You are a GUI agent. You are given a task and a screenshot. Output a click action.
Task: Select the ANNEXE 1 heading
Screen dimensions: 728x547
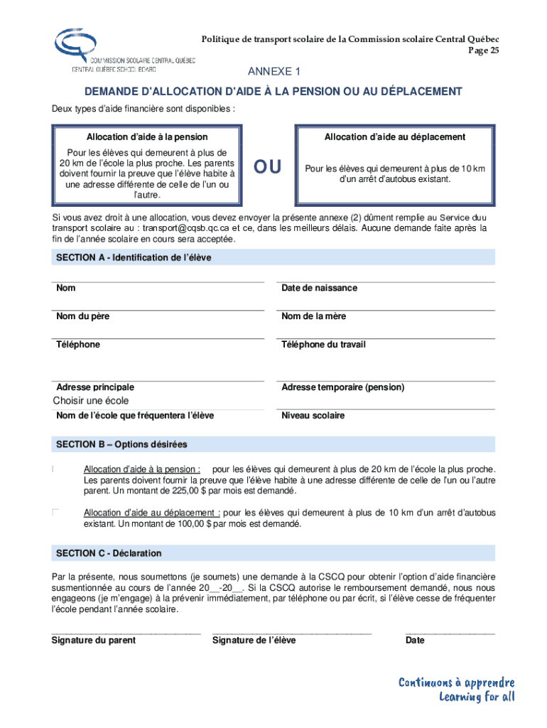tap(274, 72)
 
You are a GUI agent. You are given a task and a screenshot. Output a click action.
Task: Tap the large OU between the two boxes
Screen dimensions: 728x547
tap(269, 167)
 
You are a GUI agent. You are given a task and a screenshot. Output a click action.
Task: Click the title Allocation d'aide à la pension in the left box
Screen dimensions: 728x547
tap(148, 136)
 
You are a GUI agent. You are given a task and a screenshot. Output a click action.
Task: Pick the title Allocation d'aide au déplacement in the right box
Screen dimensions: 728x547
tap(395, 136)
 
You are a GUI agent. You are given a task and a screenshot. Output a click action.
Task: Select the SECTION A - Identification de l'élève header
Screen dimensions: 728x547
tap(134, 257)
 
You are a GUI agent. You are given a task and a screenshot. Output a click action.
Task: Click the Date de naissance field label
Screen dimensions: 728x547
tap(319, 288)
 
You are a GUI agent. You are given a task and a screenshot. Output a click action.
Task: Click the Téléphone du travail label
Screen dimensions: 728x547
tap(323, 345)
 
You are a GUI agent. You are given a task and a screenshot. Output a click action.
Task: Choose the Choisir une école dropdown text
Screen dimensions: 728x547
tap(91, 401)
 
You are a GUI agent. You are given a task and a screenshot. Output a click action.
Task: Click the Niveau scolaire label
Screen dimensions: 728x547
tap(313, 415)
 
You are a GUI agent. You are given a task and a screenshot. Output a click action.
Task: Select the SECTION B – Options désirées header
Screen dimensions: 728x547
tap(121, 444)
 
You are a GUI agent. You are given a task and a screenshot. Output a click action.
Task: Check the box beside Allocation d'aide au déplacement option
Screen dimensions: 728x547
tap(55, 512)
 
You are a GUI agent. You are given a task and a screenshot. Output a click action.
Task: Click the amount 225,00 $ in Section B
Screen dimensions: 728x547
tap(180, 491)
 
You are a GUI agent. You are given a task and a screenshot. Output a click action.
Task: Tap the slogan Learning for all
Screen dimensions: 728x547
tap(477, 696)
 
